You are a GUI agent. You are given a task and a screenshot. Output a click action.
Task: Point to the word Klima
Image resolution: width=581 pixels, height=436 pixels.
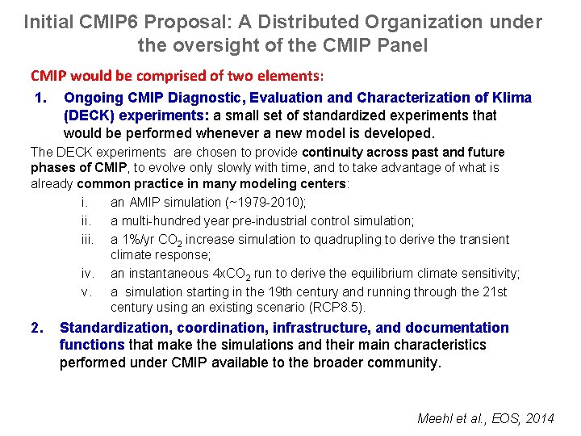(512, 98)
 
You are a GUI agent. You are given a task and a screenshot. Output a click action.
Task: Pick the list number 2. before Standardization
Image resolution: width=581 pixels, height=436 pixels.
(36, 327)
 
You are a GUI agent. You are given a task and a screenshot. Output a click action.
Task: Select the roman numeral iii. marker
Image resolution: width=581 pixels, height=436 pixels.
(89, 239)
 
